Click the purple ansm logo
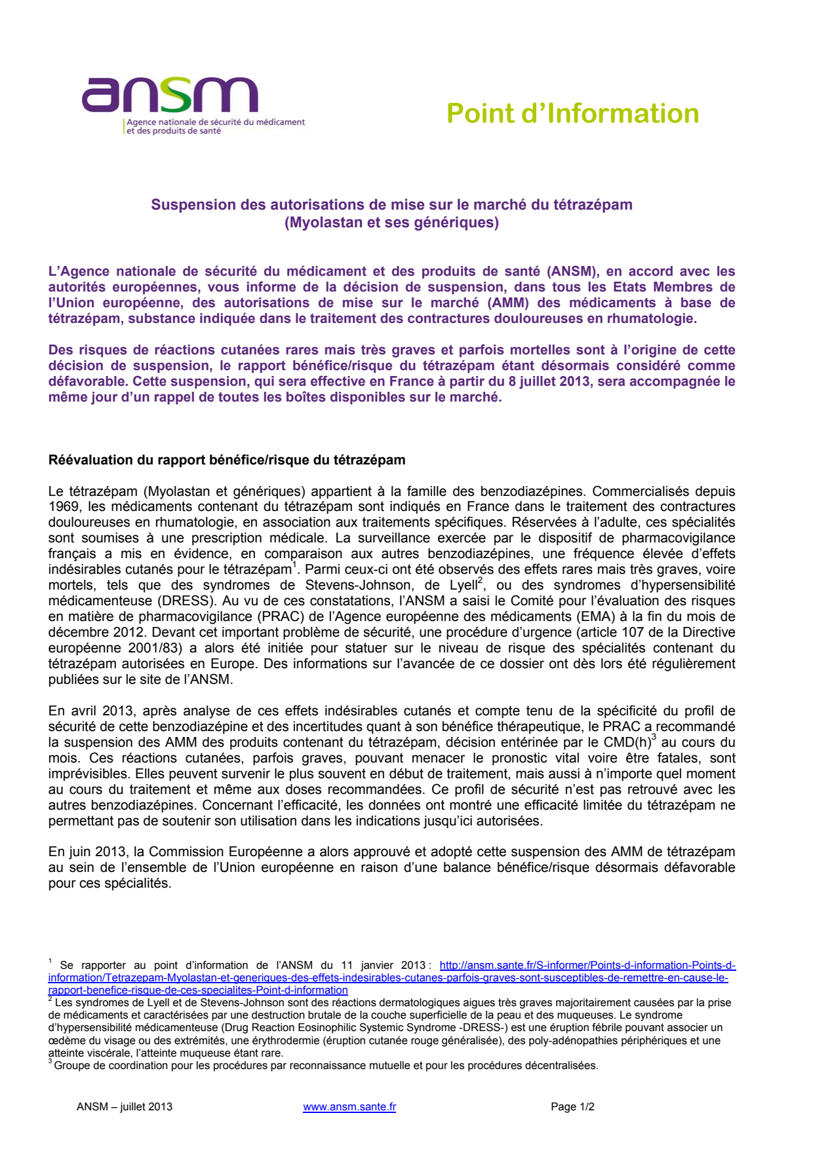click(x=170, y=96)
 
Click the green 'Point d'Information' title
click(x=572, y=113)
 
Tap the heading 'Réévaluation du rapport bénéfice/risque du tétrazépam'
click(x=227, y=460)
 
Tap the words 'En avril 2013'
click(x=91, y=711)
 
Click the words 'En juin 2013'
click(x=87, y=852)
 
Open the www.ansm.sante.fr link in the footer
click(x=349, y=1106)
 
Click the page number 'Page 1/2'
click(x=572, y=1106)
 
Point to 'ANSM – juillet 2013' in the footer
click(x=125, y=1106)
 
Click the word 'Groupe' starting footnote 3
click(x=71, y=1065)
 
